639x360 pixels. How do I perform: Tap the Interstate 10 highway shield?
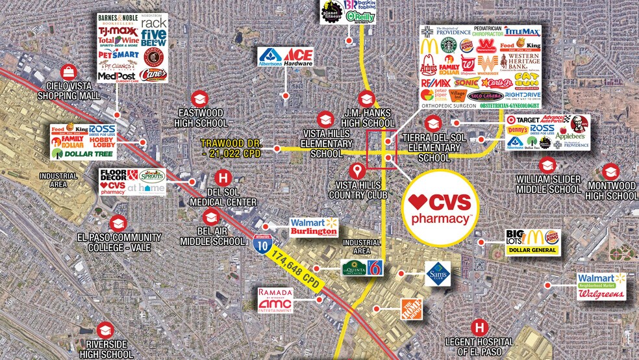pyautogui.click(x=258, y=244)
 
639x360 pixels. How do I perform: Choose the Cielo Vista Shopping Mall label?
pyautogui.click(x=73, y=91)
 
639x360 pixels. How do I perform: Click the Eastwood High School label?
pyautogui.click(x=203, y=118)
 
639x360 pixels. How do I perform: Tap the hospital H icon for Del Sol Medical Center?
pyautogui.click(x=223, y=177)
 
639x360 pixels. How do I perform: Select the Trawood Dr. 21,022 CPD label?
pyautogui.click(x=234, y=148)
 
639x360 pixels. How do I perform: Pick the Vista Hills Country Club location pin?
pyautogui.click(x=356, y=171)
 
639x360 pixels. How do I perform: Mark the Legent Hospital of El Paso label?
pyautogui.click(x=479, y=346)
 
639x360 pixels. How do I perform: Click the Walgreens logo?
pyautogui.click(x=601, y=294)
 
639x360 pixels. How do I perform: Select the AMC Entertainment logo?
pyautogui.click(x=276, y=305)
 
